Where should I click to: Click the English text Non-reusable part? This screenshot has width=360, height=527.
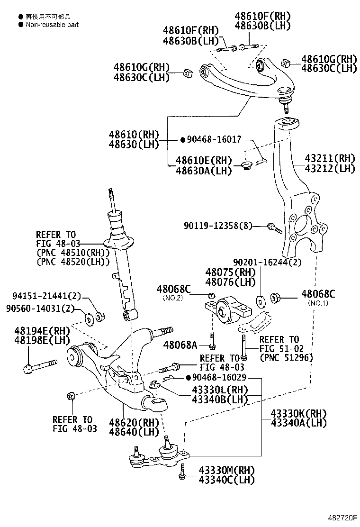[x=52, y=25]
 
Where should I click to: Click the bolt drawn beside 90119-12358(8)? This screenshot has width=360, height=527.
[x=275, y=227]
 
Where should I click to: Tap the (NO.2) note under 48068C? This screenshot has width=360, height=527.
[x=172, y=298]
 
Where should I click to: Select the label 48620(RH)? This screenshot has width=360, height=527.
[x=126, y=422]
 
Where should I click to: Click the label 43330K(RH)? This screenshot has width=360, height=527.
[x=298, y=413]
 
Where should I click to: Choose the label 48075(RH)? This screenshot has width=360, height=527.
[x=230, y=272]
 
